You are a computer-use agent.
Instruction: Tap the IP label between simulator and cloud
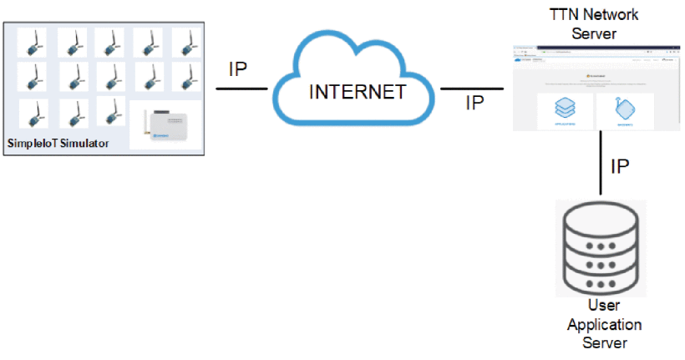pos(238,69)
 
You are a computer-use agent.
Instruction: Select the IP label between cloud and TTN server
pos(474,103)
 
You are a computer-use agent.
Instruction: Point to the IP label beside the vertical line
pos(620,166)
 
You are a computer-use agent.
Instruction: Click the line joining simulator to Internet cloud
pos(241,87)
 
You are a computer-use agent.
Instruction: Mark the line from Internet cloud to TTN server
pos(473,88)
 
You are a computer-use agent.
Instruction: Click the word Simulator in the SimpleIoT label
pos(81,144)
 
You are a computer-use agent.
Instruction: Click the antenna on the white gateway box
pos(145,122)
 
